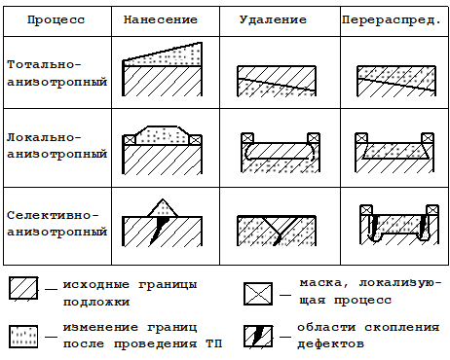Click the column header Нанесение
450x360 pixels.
point(162,19)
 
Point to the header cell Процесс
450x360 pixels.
point(55,19)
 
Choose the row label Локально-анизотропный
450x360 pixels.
point(56,149)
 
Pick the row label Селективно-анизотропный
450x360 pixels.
point(56,223)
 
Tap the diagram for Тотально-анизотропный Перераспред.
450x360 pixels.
point(393,79)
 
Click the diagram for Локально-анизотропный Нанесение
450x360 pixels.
point(163,151)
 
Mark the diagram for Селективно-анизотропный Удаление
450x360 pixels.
point(279,230)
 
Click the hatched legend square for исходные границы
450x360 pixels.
point(24,289)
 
